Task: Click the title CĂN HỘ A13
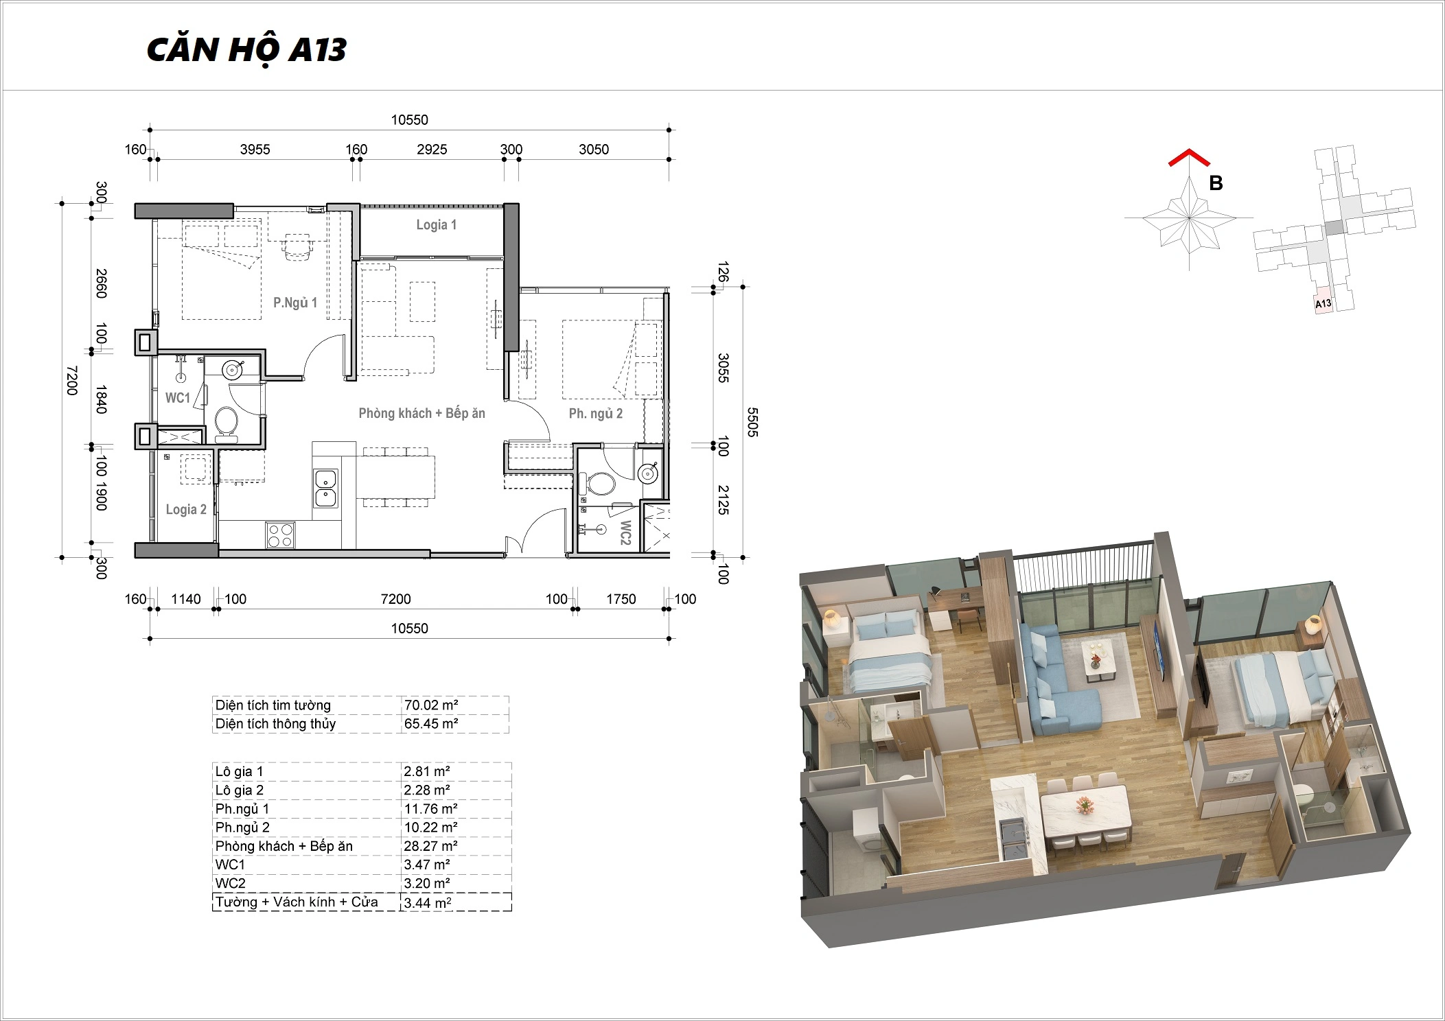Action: (x=246, y=50)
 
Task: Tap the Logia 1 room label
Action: (x=436, y=225)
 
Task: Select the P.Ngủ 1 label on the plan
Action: (x=295, y=303)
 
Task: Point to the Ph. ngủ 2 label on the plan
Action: (x=596, y=413)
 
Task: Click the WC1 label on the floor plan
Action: (x=178, y=398)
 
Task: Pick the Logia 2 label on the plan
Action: (x=186, y=509)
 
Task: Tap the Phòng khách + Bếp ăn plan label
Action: (x=421, y=413)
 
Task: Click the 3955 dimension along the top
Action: (x=255, y=150)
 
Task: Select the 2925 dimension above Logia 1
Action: (x=432, y=150)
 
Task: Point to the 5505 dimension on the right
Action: (x=752, y=422)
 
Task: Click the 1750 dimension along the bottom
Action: (x=621, y=599)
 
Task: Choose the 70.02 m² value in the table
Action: (x=431, y=705)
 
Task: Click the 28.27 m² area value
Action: (x=430, y=846)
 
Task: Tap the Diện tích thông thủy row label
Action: (x=275, y=724)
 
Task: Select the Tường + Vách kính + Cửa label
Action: (x=297, y=902)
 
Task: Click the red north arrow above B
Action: (x=1189, y=158)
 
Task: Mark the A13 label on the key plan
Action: (x=1323, y=303)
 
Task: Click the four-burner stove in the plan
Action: (x=280, y=535)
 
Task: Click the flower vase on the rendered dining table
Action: (x=1084, y=804)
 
